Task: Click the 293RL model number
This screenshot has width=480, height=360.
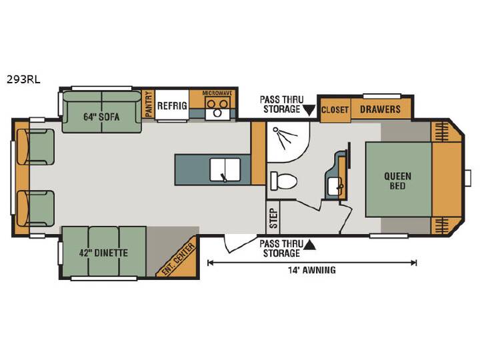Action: (23, 80)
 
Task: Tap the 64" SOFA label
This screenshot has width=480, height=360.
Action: (101, 117)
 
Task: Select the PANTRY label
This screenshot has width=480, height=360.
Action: (149, 105)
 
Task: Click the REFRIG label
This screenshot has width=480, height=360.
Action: (172, 105)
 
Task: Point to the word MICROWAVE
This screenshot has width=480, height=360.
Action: (217, 93)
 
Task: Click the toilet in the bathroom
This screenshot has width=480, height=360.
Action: (284, 181)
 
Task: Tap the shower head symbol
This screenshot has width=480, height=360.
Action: (285, 137)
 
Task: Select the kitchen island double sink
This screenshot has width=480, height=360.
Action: (225, 169)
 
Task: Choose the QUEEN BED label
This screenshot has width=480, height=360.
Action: (397, 181)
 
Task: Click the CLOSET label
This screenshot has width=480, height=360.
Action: (335, 109)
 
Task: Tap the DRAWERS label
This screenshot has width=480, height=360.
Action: (380, 109)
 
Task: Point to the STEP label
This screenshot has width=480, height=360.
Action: (273, 218)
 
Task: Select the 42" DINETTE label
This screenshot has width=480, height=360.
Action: (103, 253)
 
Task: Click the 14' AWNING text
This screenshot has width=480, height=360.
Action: (311, 270)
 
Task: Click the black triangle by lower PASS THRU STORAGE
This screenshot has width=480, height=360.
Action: (309, 245)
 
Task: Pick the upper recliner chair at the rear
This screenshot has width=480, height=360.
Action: (35, 147)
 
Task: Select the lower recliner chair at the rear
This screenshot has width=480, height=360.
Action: (35, 209)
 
